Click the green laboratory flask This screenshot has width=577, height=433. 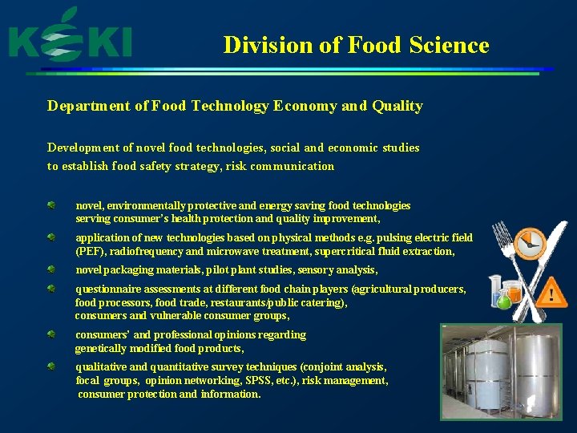[x=503, y=300]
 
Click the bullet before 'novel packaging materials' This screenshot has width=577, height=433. [x=50, y=270]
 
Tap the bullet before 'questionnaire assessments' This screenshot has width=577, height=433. [x=50, y=288]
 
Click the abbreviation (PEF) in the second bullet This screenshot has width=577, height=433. [x=91, y=251]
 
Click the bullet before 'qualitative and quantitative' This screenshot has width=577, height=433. [x=50, y=366]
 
